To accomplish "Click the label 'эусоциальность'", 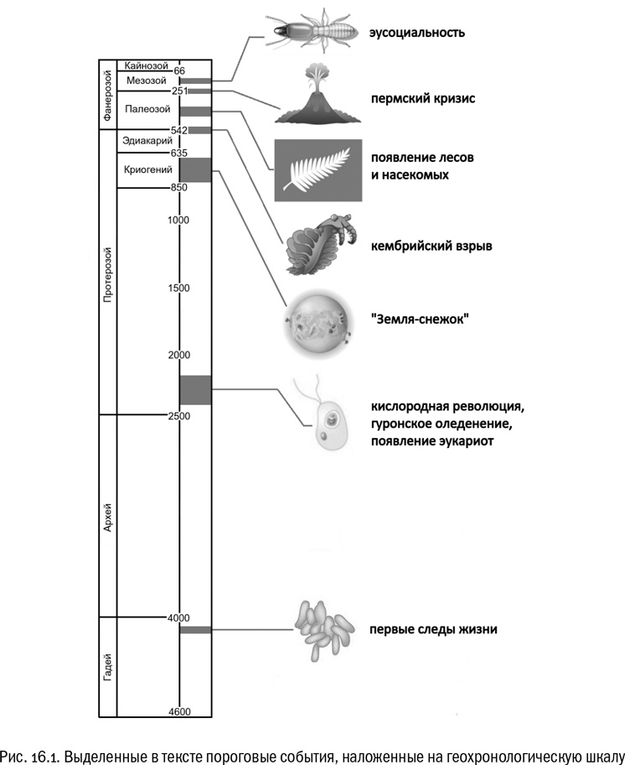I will point(417,34).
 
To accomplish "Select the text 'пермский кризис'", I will point(424,98).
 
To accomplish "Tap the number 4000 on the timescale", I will point(178,618).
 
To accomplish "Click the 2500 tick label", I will point(178,416).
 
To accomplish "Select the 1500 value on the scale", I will point(178,288).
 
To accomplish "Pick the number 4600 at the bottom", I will point(178,712).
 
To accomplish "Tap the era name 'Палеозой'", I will point(147,109).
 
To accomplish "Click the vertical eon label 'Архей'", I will point(106,514).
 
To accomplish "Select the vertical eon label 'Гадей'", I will point(106,667).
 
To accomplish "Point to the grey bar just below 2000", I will point(195,389).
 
